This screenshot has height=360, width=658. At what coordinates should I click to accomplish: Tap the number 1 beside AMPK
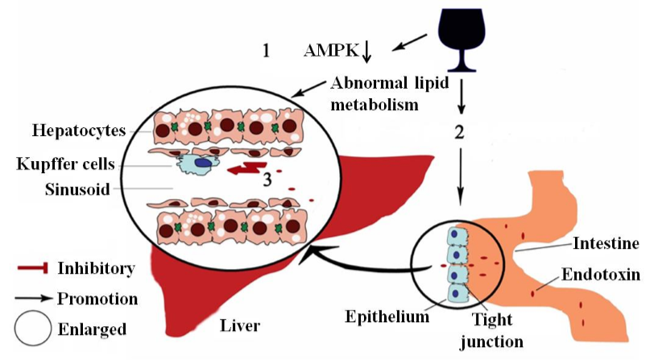tap(266, 51)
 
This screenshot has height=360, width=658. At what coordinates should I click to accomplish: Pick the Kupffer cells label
tap(63, 165)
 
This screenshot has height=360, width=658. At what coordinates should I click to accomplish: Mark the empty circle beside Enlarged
tap(32, 329)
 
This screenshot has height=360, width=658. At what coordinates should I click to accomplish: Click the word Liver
tap(239, 325)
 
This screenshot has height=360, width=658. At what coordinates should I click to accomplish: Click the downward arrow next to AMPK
tap(367, 51)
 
